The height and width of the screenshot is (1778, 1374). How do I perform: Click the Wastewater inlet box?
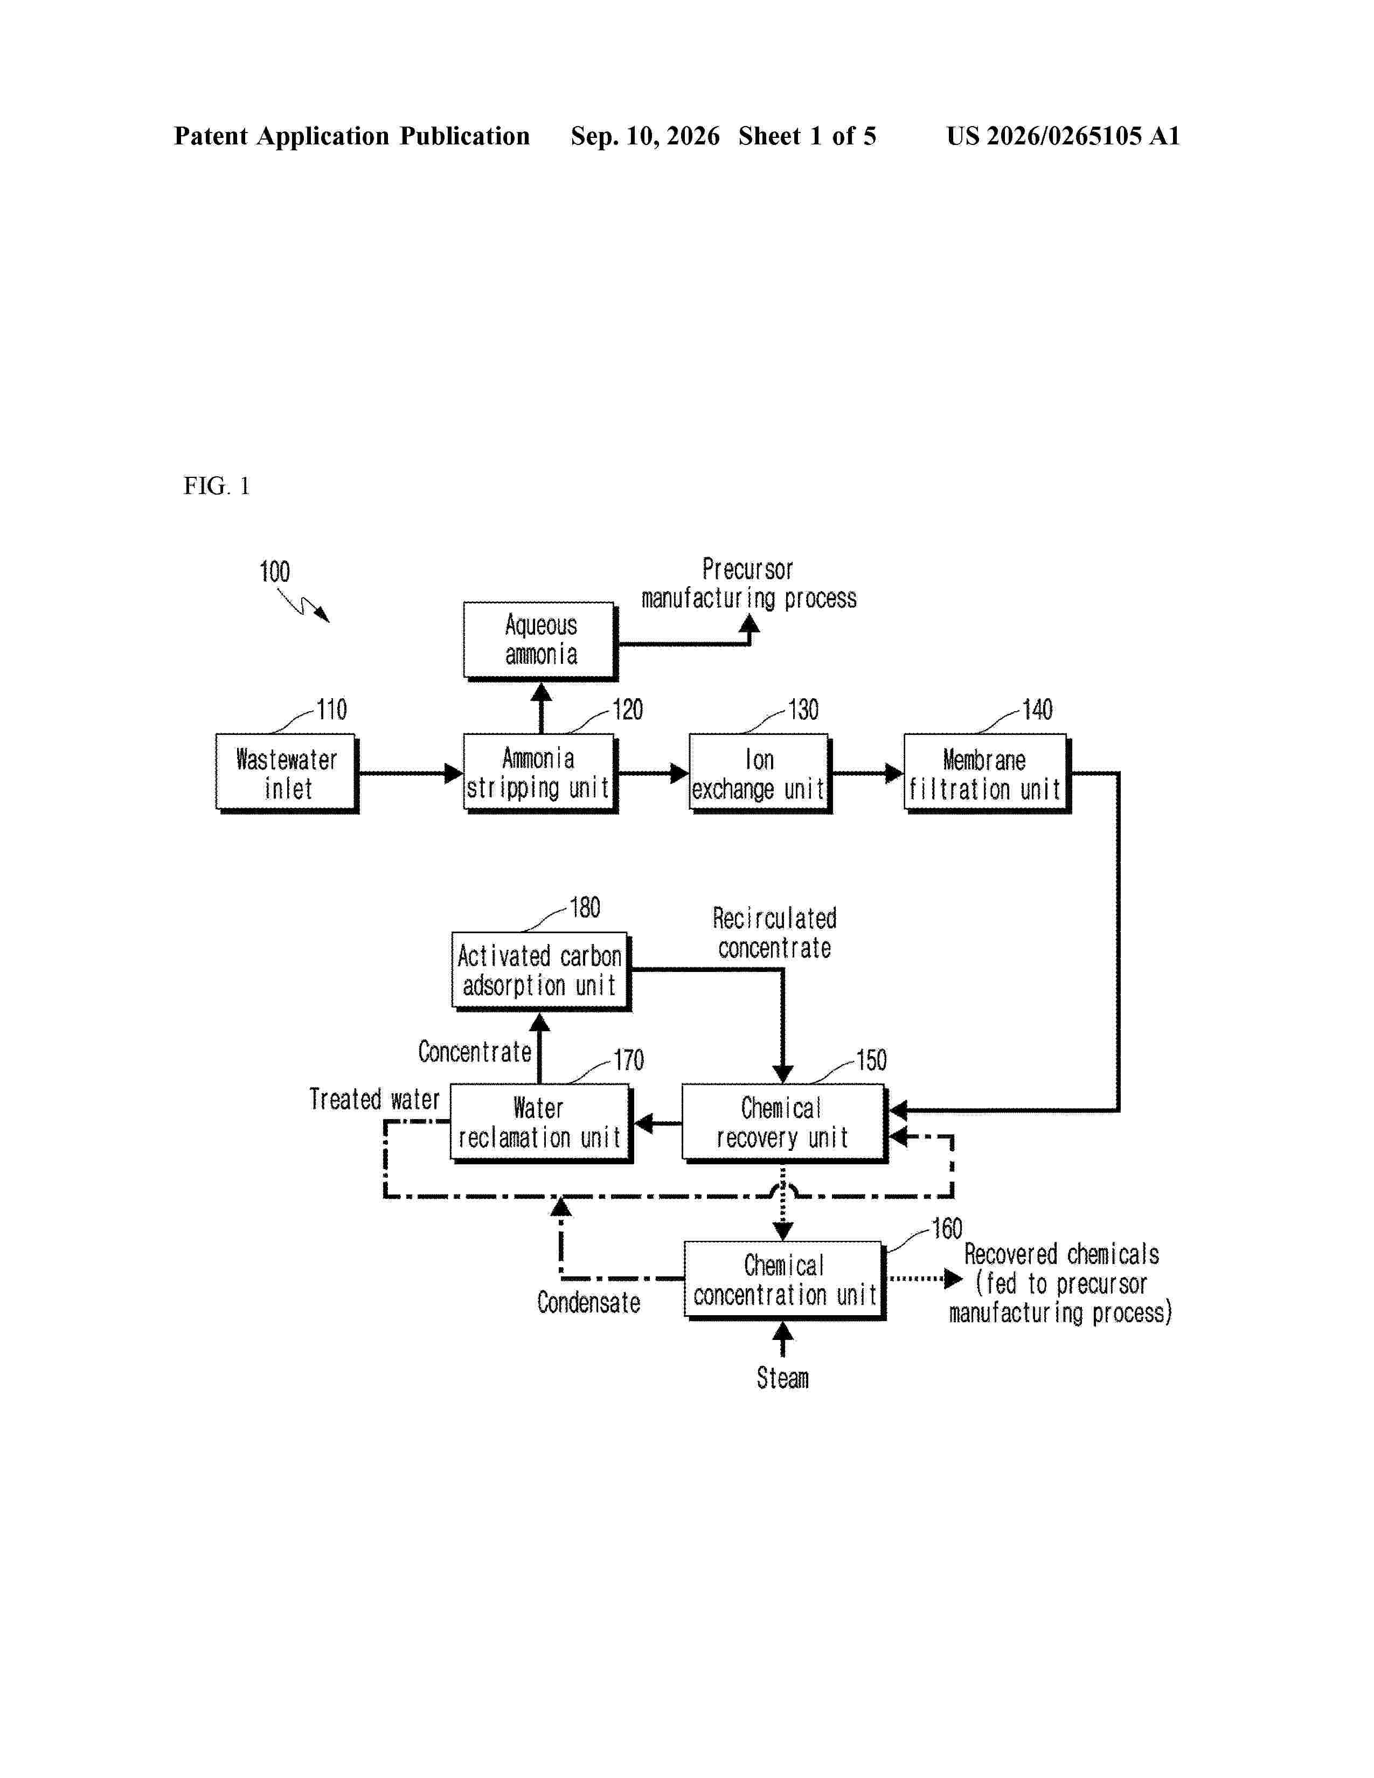point(287,773)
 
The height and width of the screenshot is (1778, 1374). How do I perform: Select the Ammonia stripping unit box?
point(540,773)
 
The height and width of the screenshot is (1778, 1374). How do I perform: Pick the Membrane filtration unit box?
point(987,773)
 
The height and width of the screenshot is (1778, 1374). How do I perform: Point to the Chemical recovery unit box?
point(785,1123)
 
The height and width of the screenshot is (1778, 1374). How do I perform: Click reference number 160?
point(947,1228)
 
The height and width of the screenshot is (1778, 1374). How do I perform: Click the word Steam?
point(782,1378)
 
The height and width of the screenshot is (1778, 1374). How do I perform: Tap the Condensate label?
point(588,1303)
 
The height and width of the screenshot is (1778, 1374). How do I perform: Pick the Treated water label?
point(374,1100)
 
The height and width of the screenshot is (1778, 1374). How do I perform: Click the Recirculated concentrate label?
point(775,933)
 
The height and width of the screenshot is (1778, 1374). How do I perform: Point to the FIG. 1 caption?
point(217,486)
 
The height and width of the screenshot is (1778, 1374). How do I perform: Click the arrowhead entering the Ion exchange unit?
point(679,773)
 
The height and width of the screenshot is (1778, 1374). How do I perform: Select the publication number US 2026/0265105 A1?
point(1063,136)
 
